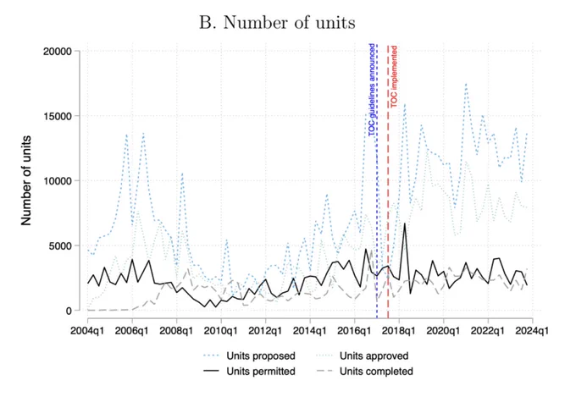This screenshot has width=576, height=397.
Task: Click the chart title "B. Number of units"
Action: click(277, 23)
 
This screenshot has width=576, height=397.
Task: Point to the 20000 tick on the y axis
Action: click(58, 52)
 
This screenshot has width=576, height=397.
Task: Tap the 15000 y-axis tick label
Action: click(58, 116)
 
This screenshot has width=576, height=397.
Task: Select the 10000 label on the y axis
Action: click(58, 181)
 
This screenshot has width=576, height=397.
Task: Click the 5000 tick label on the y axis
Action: click(60, 245)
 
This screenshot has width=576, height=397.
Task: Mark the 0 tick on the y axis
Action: click(69, 311)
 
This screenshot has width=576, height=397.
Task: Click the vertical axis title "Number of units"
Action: click(26, 180)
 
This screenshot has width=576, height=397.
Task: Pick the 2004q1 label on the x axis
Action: click(87, 330)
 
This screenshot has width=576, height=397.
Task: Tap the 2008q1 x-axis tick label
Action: click(176, 330)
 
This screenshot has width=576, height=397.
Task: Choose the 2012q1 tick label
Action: click(265, 330)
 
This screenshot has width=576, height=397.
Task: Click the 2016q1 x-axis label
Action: click(354, 330)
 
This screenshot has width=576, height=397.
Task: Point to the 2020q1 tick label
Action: click(443, 330)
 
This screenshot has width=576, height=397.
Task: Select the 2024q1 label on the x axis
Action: click(532, 330)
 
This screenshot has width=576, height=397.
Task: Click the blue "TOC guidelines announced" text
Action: click(372, 90)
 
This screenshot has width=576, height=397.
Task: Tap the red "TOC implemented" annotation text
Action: click(393, 77)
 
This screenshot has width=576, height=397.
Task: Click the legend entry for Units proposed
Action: click(249, 356)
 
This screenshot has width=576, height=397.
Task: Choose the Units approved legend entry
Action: click(363, 356)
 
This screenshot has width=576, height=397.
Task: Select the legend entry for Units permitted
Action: click(249, 372)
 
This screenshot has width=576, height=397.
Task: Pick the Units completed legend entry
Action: click(365, 372)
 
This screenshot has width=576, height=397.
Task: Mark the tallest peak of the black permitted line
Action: click(404, 223)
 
